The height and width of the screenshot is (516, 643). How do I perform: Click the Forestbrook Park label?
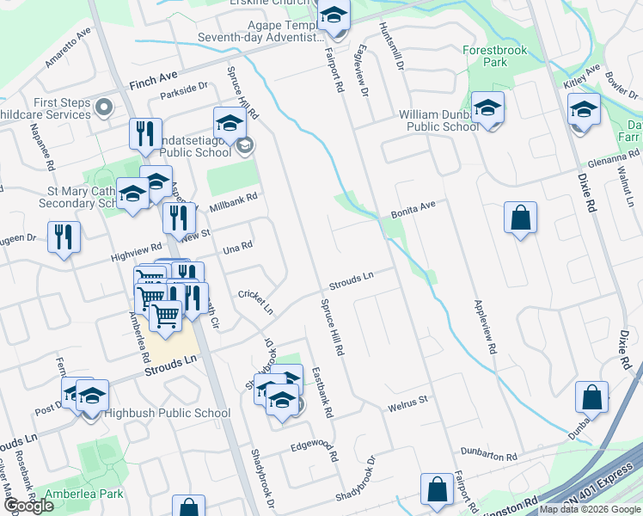[496, 56]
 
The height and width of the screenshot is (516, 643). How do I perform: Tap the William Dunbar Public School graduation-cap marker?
[487, 108]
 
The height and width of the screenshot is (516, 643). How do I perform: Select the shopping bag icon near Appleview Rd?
[521, 218]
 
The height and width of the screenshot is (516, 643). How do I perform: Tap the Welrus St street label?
[407, 402]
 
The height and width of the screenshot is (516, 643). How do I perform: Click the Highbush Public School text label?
[167, 414]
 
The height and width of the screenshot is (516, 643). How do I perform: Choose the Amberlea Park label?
[85, 494]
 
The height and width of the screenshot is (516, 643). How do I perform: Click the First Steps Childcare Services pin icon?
[105, 108]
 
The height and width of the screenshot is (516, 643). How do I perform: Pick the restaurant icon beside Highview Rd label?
[64, 236]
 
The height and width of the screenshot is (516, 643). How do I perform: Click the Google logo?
[30, 506]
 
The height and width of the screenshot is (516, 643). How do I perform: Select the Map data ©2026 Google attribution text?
[590, 509]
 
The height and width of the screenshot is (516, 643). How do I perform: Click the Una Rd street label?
[237, 247]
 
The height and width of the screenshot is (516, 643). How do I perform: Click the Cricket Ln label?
[255, 301]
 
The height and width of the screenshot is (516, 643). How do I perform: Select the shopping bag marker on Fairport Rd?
[437, 490]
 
